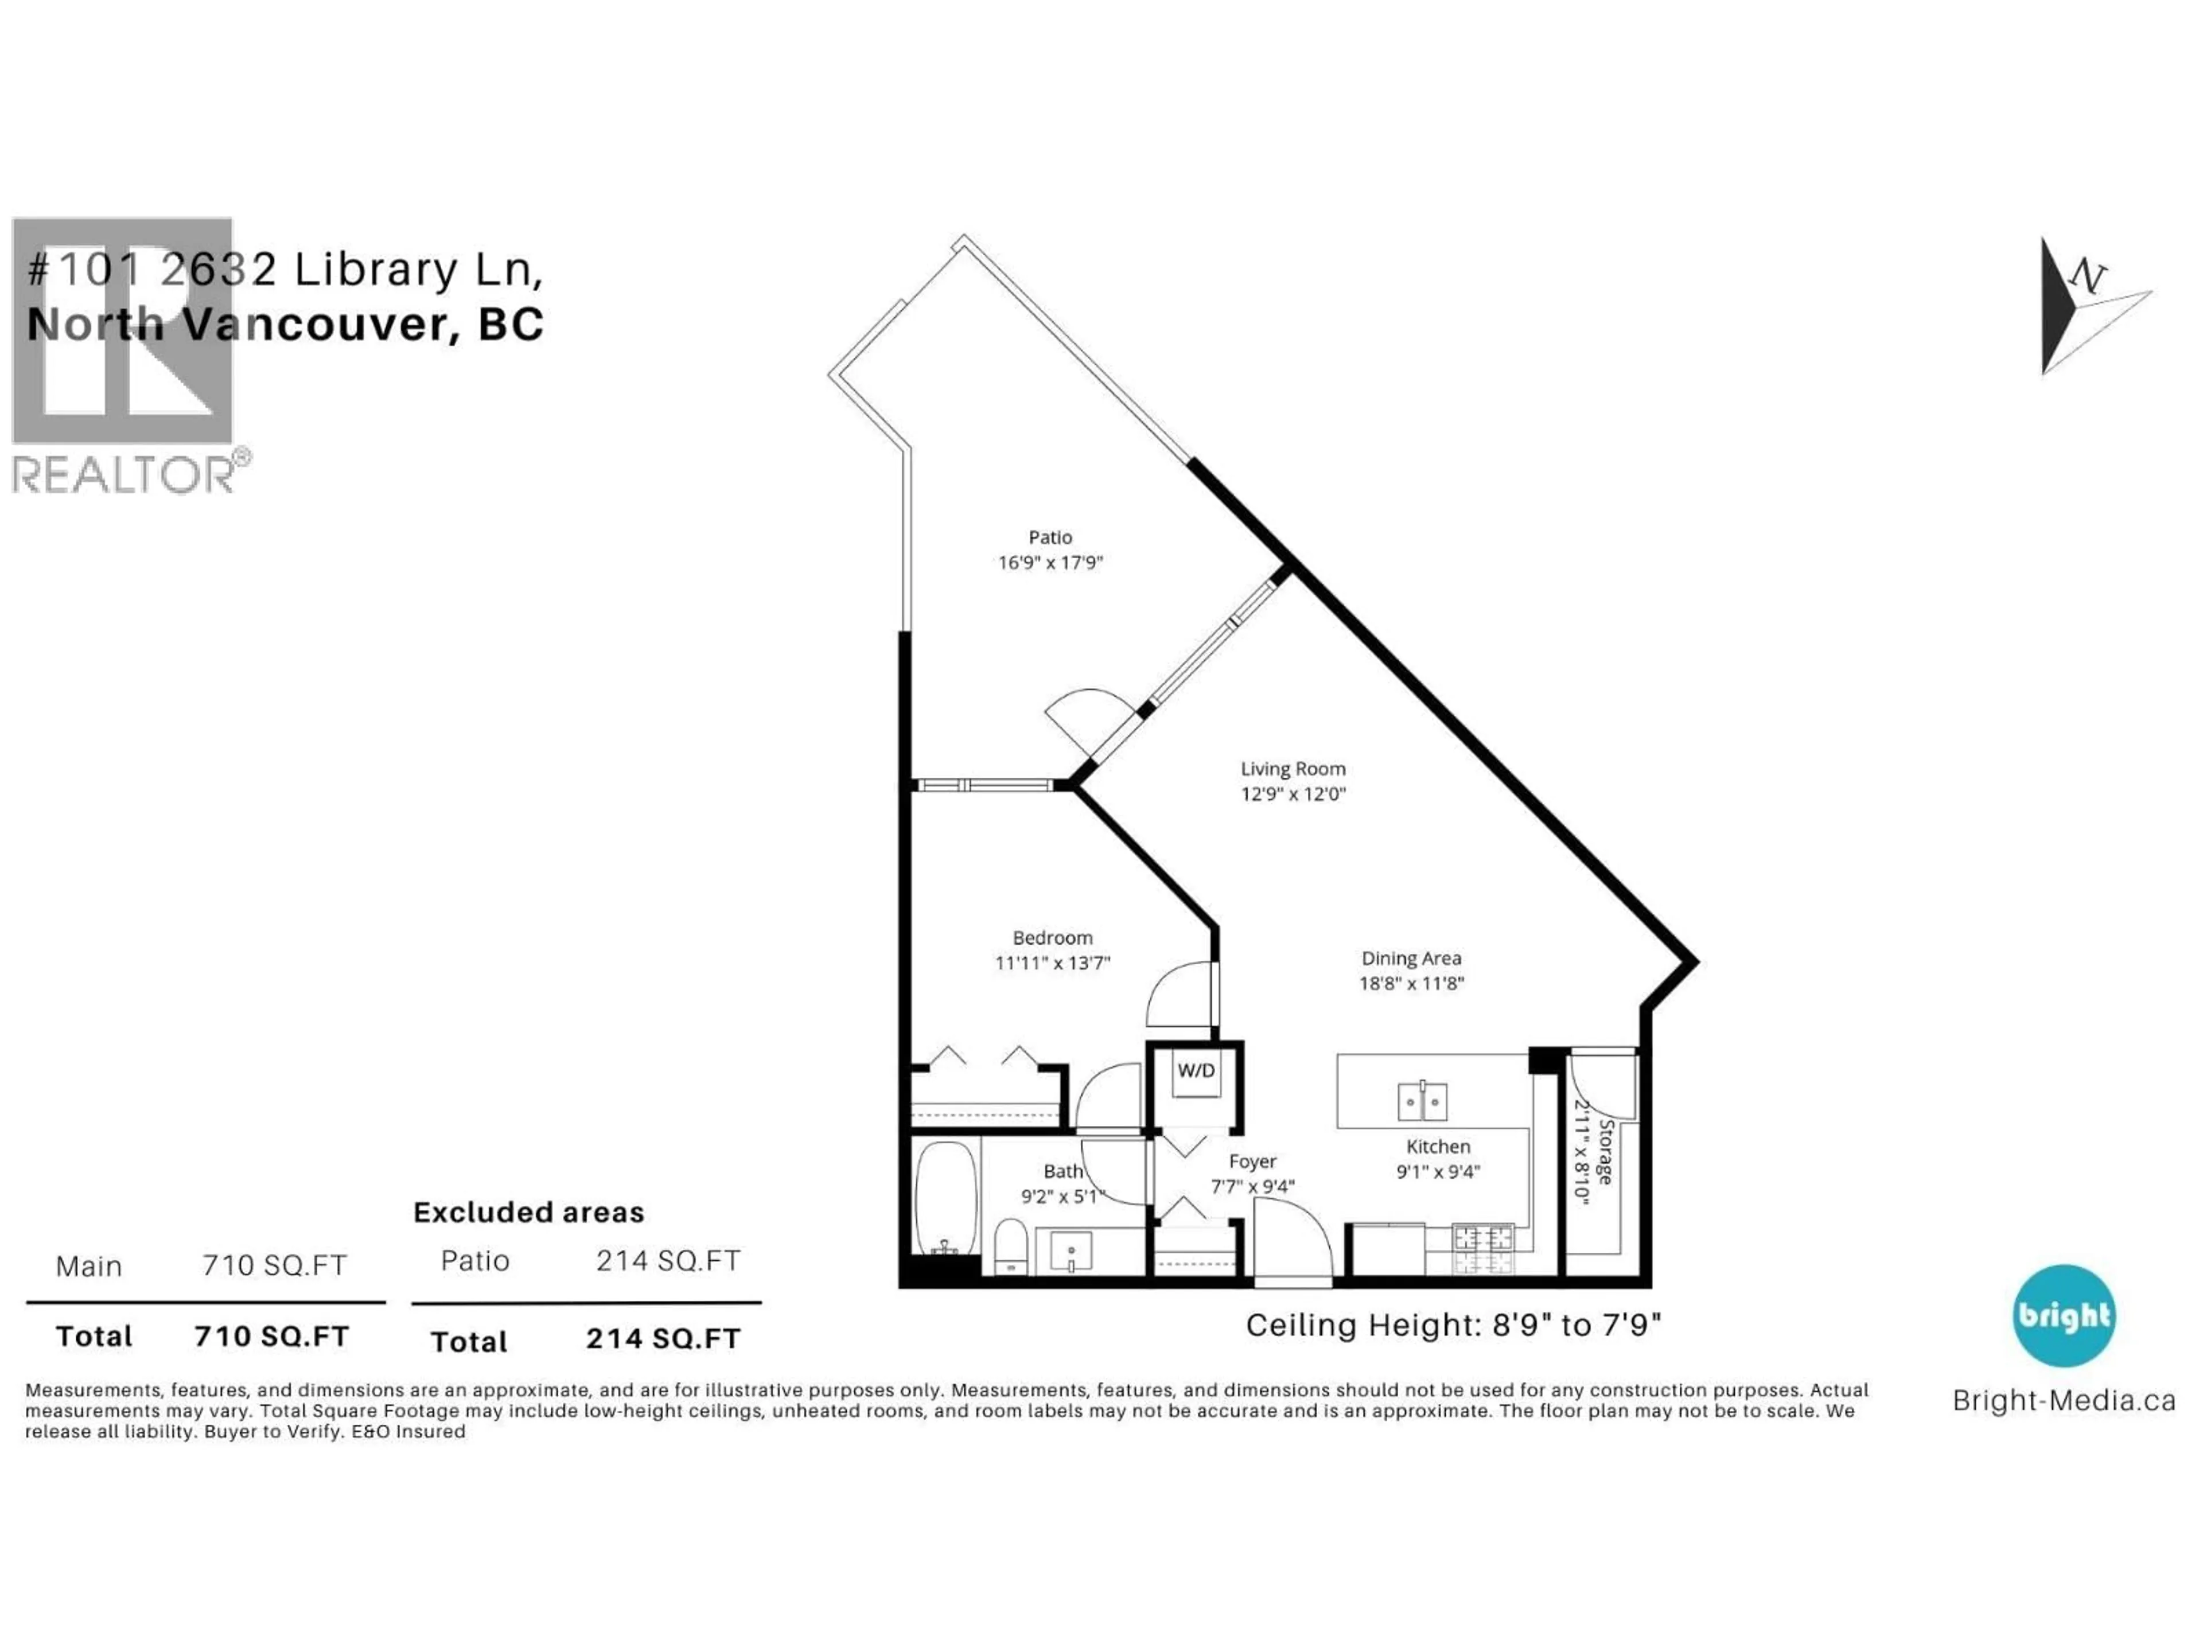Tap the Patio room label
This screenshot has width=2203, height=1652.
(1050, 537)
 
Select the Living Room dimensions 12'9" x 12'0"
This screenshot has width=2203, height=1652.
(1293, 794)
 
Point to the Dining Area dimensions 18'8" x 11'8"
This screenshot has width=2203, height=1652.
(1411, 984)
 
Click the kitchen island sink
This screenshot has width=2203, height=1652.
(1422, 1102)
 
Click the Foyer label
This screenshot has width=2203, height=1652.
(1252, 1162)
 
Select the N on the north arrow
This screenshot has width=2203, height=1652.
(2088, 276)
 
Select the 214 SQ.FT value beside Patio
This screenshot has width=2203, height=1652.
(668, 1261)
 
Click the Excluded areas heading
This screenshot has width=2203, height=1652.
(529, 1213)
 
